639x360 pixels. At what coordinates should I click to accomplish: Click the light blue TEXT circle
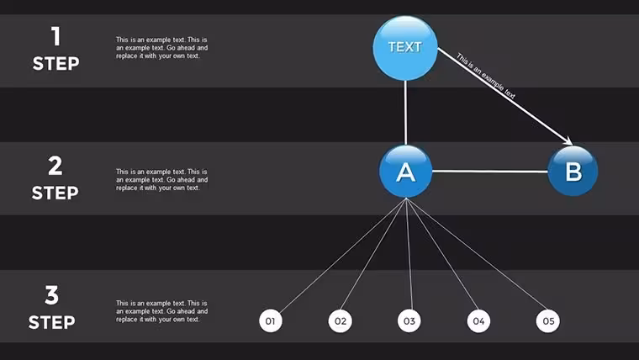[x=405, y=48]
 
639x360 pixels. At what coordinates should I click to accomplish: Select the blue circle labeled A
[x=405, y=172]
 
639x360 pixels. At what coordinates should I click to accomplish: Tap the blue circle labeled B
[x=573, y=171]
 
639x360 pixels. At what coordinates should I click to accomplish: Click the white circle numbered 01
[x=271, y=320]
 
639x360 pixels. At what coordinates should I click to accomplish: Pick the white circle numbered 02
[x=341, y=320]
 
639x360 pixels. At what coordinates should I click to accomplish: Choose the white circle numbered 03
[x=409, y=320]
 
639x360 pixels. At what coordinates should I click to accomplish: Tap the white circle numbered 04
[x=479, y=320]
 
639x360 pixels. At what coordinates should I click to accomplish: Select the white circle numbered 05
[x=548, y=320]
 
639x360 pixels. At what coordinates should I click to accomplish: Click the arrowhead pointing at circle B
[x=568, y=140]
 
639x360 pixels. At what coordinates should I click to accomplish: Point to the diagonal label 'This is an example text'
[x=486, y=76]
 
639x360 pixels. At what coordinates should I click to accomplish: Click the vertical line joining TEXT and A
[x=405, y=113]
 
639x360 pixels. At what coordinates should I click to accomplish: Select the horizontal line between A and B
[x=490, y=172]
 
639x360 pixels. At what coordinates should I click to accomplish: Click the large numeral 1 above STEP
[x=56, y=36]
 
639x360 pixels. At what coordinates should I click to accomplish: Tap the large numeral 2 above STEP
[x=55, y=166]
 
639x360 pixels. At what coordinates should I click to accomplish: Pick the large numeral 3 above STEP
[x=52, y=294]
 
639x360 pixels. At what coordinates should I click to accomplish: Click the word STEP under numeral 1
[x=55, y=64]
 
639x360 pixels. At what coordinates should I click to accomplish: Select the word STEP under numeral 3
[x=52, y=322]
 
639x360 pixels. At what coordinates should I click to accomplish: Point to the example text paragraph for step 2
[x=161, y=180]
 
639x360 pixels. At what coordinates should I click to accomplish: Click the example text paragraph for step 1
[x=161, y=48]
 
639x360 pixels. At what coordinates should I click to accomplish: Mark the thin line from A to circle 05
[x=477, y=254]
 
